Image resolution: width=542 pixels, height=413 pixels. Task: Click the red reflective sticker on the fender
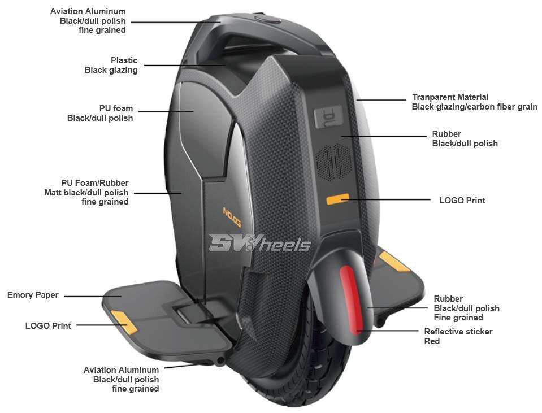click(350, 299)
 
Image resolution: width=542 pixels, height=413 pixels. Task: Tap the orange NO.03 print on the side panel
click(232, 217)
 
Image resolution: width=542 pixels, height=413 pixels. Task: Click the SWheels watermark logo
click(259, 244)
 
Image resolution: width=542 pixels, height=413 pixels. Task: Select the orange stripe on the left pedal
click(124, 322)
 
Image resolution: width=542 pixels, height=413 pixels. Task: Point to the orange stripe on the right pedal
click(394, 261)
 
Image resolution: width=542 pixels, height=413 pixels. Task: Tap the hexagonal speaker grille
click(334, 162)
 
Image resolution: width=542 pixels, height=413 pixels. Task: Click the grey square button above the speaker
click(328, 116)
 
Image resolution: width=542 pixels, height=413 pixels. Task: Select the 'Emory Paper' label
click(33, 295)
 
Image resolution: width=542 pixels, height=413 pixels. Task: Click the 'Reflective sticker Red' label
click(458, 336)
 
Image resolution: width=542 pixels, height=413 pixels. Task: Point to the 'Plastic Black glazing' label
click(111, 65)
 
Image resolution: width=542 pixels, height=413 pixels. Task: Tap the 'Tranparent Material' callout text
click(450, 97)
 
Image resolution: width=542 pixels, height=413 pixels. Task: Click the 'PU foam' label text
click(116, 108)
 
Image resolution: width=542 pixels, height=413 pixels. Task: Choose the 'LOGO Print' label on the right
click(462, 201)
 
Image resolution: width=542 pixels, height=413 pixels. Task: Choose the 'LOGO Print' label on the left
click(48, 325)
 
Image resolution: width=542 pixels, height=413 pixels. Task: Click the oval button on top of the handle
click(268, 19)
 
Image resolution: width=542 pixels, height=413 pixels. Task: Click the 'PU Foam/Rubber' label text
click(95, 183)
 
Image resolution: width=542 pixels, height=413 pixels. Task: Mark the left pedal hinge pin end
click(220, 362)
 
